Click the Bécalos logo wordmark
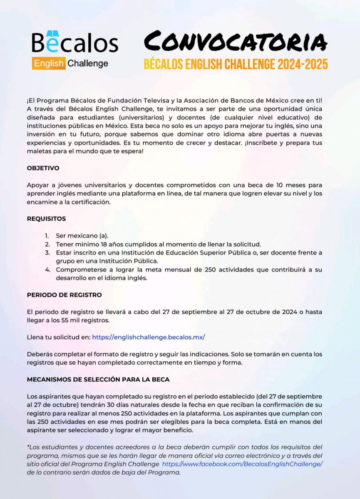coord(75,43)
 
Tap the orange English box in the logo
coord(49,64)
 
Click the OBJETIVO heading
coord(43,168)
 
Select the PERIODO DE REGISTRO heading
coord(65,295)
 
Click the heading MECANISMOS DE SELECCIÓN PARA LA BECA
coord(98,380)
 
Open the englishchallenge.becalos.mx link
coord(148,337)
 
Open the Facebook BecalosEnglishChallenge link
coord(242,464)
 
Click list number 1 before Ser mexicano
coord(47,236)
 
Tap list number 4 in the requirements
coord(47,269)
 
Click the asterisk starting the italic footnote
coord(28,447)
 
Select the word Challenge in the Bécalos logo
coord(88,64)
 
